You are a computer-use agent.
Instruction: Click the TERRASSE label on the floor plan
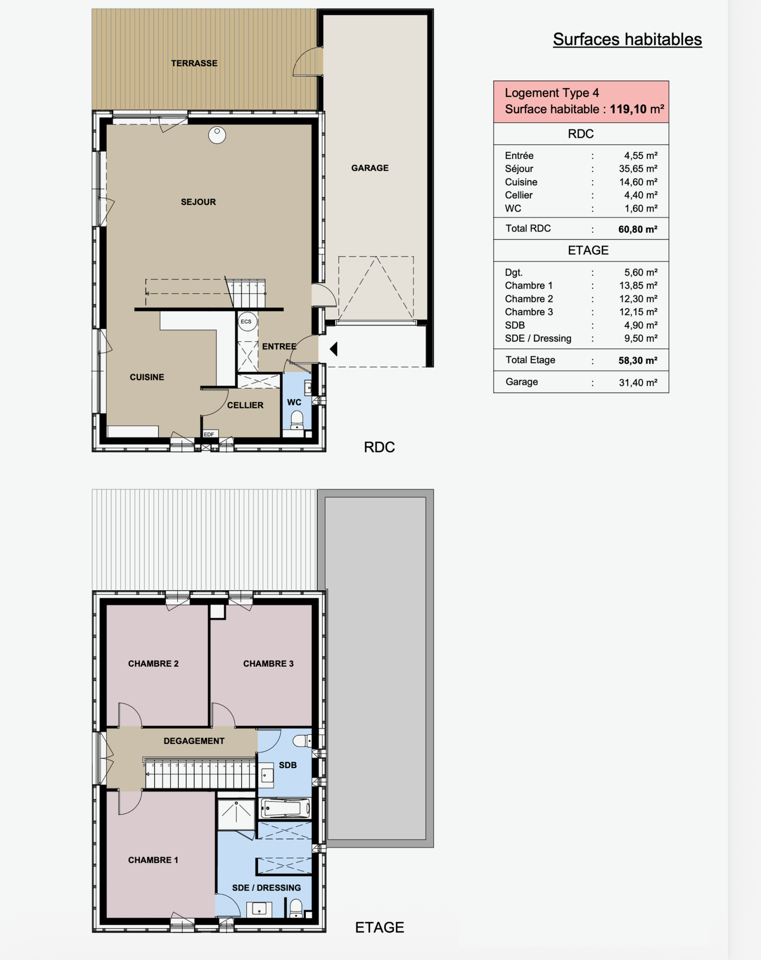194,63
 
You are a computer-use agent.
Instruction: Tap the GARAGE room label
370,168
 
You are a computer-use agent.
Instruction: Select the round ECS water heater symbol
246,321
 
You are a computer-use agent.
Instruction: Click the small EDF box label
209,434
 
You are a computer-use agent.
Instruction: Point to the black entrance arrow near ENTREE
334,349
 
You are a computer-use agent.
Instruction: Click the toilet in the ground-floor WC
297,420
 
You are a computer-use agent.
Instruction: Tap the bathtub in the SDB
285,808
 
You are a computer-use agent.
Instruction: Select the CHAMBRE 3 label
268,663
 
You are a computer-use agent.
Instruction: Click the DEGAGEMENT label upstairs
194,741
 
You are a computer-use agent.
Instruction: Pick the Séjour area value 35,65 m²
638,168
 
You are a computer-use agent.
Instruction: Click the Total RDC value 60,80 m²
638,229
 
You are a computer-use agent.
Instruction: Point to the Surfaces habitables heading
627,40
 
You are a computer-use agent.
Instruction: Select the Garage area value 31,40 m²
638,382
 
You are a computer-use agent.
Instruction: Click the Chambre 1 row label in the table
528,286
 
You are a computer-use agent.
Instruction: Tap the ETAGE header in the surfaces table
588,250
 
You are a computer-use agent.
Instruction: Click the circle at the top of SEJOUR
217,135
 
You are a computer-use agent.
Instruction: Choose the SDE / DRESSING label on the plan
266,888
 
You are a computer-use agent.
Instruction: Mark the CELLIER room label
245,405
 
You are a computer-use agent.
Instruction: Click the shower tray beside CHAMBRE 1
236,814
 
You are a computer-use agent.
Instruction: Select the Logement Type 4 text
552,93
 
